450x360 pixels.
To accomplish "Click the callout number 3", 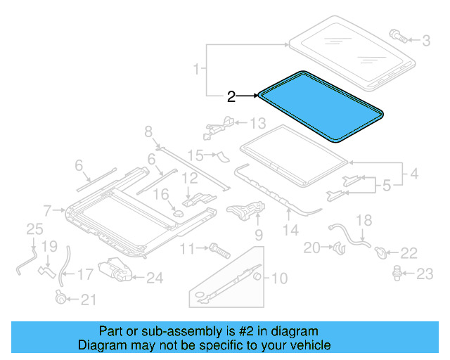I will coord(425,41).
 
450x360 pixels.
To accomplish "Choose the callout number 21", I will coord(87,300).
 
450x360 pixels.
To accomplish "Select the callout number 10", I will coord(279,279).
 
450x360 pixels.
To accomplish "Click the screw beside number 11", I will coord(217,248).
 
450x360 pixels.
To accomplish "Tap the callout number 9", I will coord(258,234).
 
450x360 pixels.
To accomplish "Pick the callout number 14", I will coord(290,229).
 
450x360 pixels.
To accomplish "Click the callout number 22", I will coord(409,252).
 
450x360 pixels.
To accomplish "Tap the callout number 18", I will coord(363,221).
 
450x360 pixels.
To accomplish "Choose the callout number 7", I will coord(47,210).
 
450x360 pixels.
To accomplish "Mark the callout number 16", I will coord(161,193).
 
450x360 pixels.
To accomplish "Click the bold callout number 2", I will coord(231,97).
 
